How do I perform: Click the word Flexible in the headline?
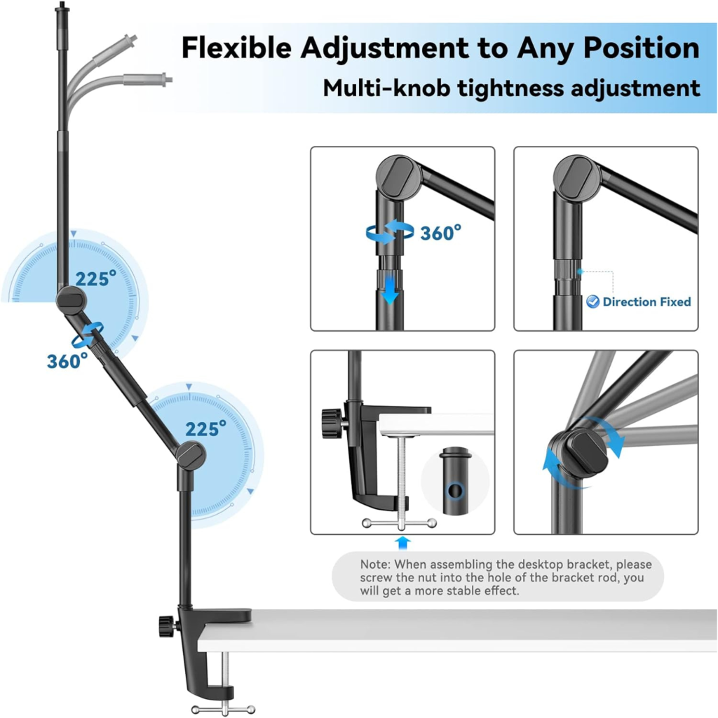click(x=236, y=48)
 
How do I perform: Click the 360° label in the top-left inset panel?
click(x=440, y=233)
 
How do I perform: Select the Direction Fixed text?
click(x=646, y=302)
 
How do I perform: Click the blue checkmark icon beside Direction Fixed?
click(x=593, y=302)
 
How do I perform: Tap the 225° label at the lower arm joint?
click(x=205, y=429)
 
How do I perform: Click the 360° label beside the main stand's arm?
click(x=67, y=361)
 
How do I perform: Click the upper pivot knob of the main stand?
click(x=72, y=300)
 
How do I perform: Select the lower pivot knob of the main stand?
click(x=191, y=454)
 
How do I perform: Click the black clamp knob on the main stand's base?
click(x=167, y=626)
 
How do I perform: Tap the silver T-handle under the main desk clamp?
click(x=223, y=710)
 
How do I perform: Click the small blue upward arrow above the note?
click(x=402, y=543)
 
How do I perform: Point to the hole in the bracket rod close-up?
click(x=454, y=491)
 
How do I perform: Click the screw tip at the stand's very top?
click(x=61, y=6)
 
